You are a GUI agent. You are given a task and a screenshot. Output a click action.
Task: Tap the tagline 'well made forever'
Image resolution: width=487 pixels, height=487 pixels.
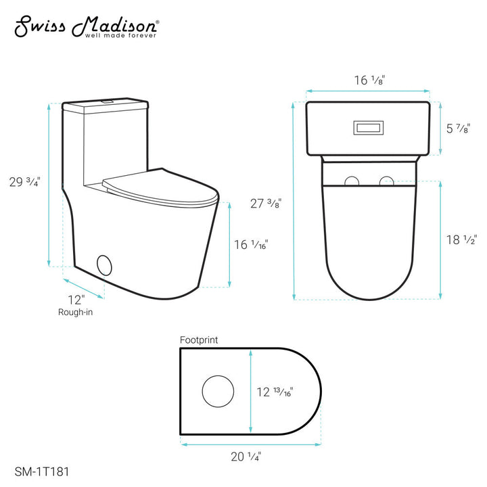(x=119, y=36)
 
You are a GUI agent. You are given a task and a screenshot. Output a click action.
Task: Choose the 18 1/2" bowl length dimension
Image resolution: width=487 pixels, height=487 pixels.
(x=463, y=239)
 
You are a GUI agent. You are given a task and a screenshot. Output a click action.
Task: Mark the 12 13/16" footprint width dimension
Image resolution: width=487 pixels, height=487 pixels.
(x=278, y=391)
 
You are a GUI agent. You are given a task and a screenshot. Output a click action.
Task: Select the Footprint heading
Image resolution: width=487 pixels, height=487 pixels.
(x=199, y=340)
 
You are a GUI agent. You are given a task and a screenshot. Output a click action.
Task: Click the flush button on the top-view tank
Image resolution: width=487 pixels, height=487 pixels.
(x=368, y=126)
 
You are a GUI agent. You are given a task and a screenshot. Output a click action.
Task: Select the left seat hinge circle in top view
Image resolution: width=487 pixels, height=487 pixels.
(x=352, y=181)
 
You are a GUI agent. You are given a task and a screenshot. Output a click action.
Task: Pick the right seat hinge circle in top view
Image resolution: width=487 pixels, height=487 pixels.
(x=387, y=181)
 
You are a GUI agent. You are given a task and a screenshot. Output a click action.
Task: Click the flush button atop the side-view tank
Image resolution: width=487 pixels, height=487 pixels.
(x=106, y=102)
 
